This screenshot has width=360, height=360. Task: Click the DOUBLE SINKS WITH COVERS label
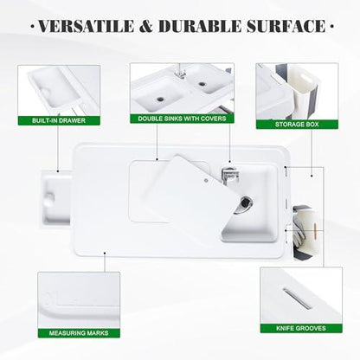(180, 118)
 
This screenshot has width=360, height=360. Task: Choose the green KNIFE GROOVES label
(294, 328)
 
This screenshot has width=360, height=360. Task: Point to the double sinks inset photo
(180, 86)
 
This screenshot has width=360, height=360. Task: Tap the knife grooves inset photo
(294, 294)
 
